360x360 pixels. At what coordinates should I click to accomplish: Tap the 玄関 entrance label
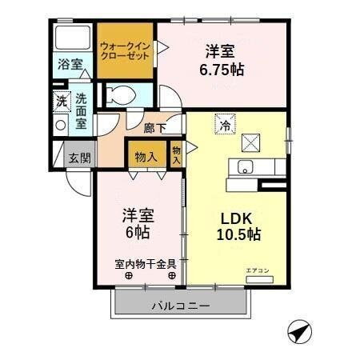pyautogui.click(x=78, y=156)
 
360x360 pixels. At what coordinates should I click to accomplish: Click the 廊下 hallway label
pyautogui.click(x=154, y=126)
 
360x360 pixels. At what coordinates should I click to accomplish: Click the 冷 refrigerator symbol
pyautogui.click(x=225, y=124)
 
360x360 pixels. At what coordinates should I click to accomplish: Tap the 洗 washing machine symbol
pyautogui.click(x=61, y=102)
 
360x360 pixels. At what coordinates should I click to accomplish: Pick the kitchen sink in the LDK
pyautogui.click(x=244, y=167)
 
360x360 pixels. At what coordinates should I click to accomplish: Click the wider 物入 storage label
pyautogui.click(x=146, y=157)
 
